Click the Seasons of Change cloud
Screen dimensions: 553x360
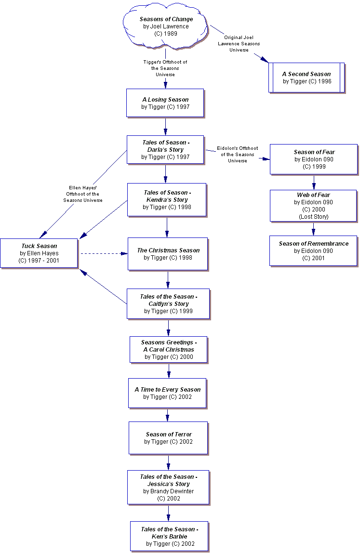166,27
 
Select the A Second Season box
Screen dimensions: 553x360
307,78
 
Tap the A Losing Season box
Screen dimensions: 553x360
165,103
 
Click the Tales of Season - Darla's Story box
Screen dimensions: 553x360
165,149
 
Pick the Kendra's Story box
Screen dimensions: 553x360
167,199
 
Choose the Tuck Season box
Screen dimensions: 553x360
39,253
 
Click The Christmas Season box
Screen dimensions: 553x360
168,253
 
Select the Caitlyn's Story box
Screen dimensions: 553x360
168,303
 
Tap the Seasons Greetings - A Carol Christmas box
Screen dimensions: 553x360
168,349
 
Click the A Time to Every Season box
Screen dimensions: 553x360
167,393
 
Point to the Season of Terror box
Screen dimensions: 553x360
168,438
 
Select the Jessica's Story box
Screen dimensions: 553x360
168,487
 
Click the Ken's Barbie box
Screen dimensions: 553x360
169,536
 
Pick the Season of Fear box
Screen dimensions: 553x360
314,159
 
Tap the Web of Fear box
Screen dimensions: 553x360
313,206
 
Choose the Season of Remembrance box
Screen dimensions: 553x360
313,250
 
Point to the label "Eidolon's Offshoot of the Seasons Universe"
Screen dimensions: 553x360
237,154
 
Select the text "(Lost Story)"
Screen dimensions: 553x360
313,217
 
